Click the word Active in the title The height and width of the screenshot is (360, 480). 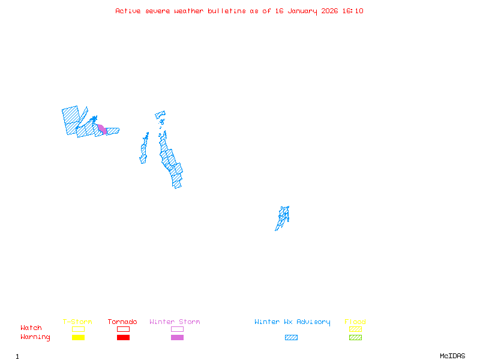[128, 11]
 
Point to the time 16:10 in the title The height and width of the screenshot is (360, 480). [353, 11]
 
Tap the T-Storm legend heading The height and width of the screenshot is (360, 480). [77, 322]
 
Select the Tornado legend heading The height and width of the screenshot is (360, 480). [122, 322]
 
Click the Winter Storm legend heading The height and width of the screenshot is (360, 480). [175, 322]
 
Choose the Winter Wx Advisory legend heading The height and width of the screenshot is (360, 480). [292, 322]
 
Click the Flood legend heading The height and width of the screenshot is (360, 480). [355, 322]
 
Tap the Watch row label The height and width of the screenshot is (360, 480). [31, 328]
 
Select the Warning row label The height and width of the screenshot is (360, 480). [35, 337]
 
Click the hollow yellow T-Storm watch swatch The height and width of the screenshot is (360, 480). [78, 329]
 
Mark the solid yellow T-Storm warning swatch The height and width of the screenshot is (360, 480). [78, 338]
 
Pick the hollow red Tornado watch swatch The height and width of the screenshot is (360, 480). [123, 329]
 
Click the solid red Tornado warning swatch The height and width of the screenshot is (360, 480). [123, 338]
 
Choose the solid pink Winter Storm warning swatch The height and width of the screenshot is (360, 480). [177, 338]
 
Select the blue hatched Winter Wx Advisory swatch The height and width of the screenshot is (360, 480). [291, 338]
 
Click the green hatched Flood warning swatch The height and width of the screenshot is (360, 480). [355, 338]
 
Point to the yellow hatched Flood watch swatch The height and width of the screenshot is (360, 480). [355, 329]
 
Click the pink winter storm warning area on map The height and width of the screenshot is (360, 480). [102, 129]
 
